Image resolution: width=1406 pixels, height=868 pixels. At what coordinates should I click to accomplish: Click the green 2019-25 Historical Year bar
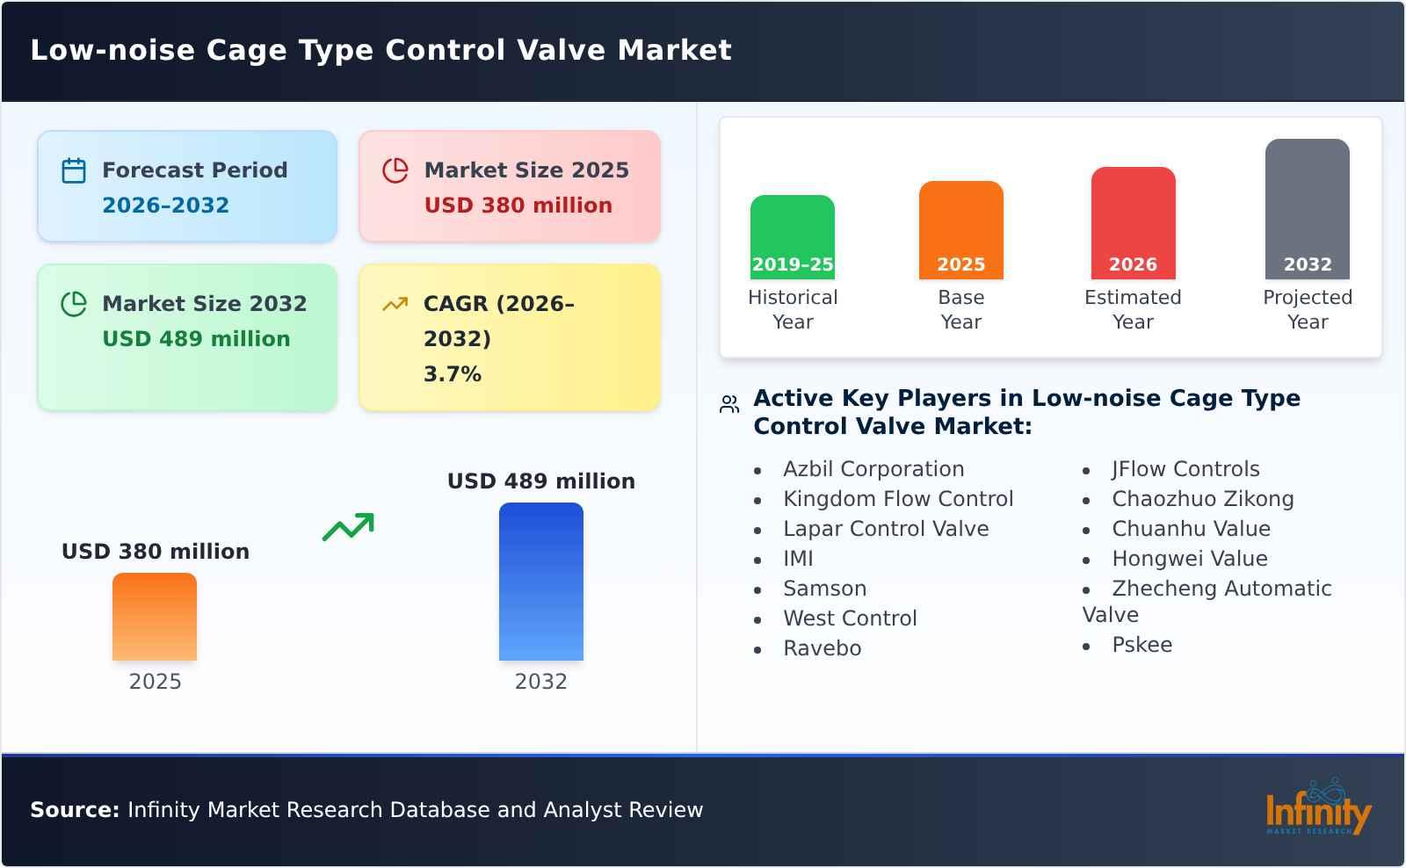coord(792,237)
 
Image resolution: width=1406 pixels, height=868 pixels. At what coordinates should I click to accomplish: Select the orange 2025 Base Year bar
coord(960,230)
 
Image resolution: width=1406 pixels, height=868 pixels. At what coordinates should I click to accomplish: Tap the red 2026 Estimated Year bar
coord(1133,223)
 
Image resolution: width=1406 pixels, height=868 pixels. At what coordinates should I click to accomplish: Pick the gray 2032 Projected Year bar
coord(1307,209)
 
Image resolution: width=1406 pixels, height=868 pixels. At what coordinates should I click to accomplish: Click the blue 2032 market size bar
coord(540,582)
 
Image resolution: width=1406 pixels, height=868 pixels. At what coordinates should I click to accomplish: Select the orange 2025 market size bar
coord(155,617)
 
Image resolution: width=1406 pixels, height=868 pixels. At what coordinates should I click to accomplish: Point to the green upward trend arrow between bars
coord(348,527)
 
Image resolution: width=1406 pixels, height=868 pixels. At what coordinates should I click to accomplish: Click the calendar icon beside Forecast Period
coord(74,170)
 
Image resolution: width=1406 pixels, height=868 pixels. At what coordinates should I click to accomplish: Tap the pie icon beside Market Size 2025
coord(395,170)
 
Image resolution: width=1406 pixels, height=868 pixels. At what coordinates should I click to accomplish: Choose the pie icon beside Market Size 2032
coord(74,304)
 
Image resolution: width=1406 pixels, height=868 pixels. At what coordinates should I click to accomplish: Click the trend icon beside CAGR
coord(395,304)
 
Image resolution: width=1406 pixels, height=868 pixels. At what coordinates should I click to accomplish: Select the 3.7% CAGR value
coord(452,374)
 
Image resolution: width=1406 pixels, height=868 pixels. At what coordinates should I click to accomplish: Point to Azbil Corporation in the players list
coord(873,469)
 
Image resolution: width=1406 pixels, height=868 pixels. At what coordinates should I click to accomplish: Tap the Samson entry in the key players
coord(824,589)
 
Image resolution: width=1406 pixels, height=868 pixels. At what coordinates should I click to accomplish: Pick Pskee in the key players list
coord(1141,645)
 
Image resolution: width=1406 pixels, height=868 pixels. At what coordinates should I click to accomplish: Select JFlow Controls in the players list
coord(1185,469)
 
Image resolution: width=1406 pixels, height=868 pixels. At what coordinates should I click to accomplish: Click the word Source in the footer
coord(74,810)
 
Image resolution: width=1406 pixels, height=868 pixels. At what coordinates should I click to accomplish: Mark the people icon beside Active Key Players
coord(729,404)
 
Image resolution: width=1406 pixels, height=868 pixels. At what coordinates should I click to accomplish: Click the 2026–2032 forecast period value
coord(165,206)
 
